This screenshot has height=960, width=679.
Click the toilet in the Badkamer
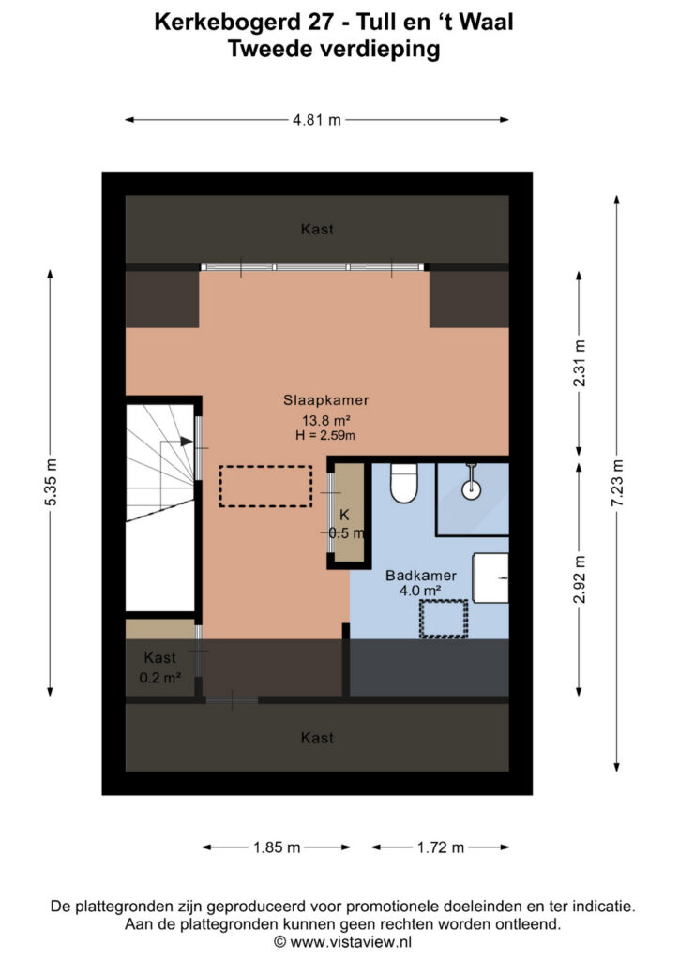coord(403,483)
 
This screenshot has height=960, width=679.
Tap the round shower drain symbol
coord(471,489)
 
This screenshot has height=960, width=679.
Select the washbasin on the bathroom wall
coord(490,577)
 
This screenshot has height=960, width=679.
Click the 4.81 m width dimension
coord(317,120)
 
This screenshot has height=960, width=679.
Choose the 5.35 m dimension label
coord(51,482)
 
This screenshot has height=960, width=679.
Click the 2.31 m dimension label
coord(579,363)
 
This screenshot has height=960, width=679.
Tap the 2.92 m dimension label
coord(579,579)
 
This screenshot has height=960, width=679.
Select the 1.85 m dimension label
coord(277,847)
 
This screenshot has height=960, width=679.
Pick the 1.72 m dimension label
coord(441,847)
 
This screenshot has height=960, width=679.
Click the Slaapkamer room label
coord(325,400)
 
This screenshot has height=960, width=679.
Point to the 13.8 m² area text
coord(325,421)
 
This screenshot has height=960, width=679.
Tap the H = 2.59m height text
coord(325,435)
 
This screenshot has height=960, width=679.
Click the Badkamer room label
coord(421,576)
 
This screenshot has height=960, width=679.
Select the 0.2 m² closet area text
coord(159,678)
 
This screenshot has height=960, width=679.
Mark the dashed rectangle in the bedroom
coord(265,487)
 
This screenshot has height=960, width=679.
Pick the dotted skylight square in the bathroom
coord(444,619)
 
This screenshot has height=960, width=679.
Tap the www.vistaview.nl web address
coord(351,941)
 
